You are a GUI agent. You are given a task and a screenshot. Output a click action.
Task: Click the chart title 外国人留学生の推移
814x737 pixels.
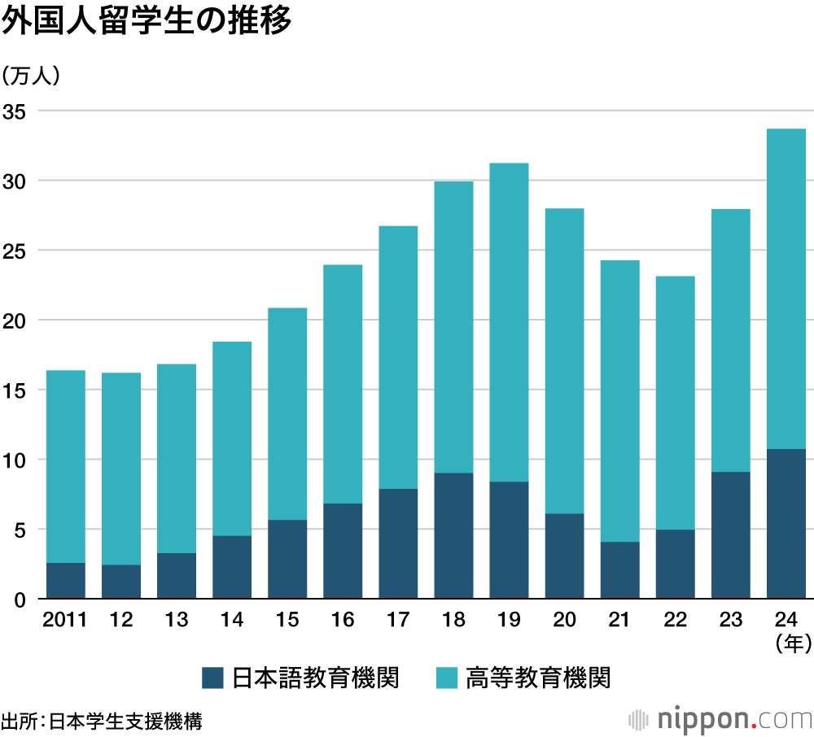[147, 22]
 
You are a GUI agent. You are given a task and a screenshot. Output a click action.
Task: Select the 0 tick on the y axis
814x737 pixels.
[20, 600]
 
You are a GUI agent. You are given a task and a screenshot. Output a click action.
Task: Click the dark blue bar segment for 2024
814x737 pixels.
[786, 524]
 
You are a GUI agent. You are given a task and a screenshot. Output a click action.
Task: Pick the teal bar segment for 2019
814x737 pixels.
[509, 322]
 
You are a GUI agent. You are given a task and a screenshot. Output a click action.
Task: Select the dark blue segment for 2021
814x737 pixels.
[619, 570]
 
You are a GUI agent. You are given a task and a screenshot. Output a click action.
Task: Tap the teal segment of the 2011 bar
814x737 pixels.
[66, 466]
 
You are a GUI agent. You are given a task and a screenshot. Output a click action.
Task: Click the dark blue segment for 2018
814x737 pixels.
[453, 536]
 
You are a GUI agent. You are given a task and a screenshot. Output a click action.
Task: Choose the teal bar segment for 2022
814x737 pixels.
[675, 403]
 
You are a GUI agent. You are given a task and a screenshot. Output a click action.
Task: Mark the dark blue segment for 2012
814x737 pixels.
[121, 582]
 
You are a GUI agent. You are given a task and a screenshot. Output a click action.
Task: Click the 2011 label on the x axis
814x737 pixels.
[65, 621]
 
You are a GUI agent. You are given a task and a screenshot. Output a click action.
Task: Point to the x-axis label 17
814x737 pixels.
[398, 621]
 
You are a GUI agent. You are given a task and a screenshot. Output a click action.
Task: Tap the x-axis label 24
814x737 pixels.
[786, 621]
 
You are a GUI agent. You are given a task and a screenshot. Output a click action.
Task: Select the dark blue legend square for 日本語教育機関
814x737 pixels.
[212, 678]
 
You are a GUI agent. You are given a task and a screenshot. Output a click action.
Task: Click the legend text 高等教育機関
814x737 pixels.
[538, 678]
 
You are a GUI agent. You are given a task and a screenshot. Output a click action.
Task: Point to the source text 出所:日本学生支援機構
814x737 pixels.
[102, 721]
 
